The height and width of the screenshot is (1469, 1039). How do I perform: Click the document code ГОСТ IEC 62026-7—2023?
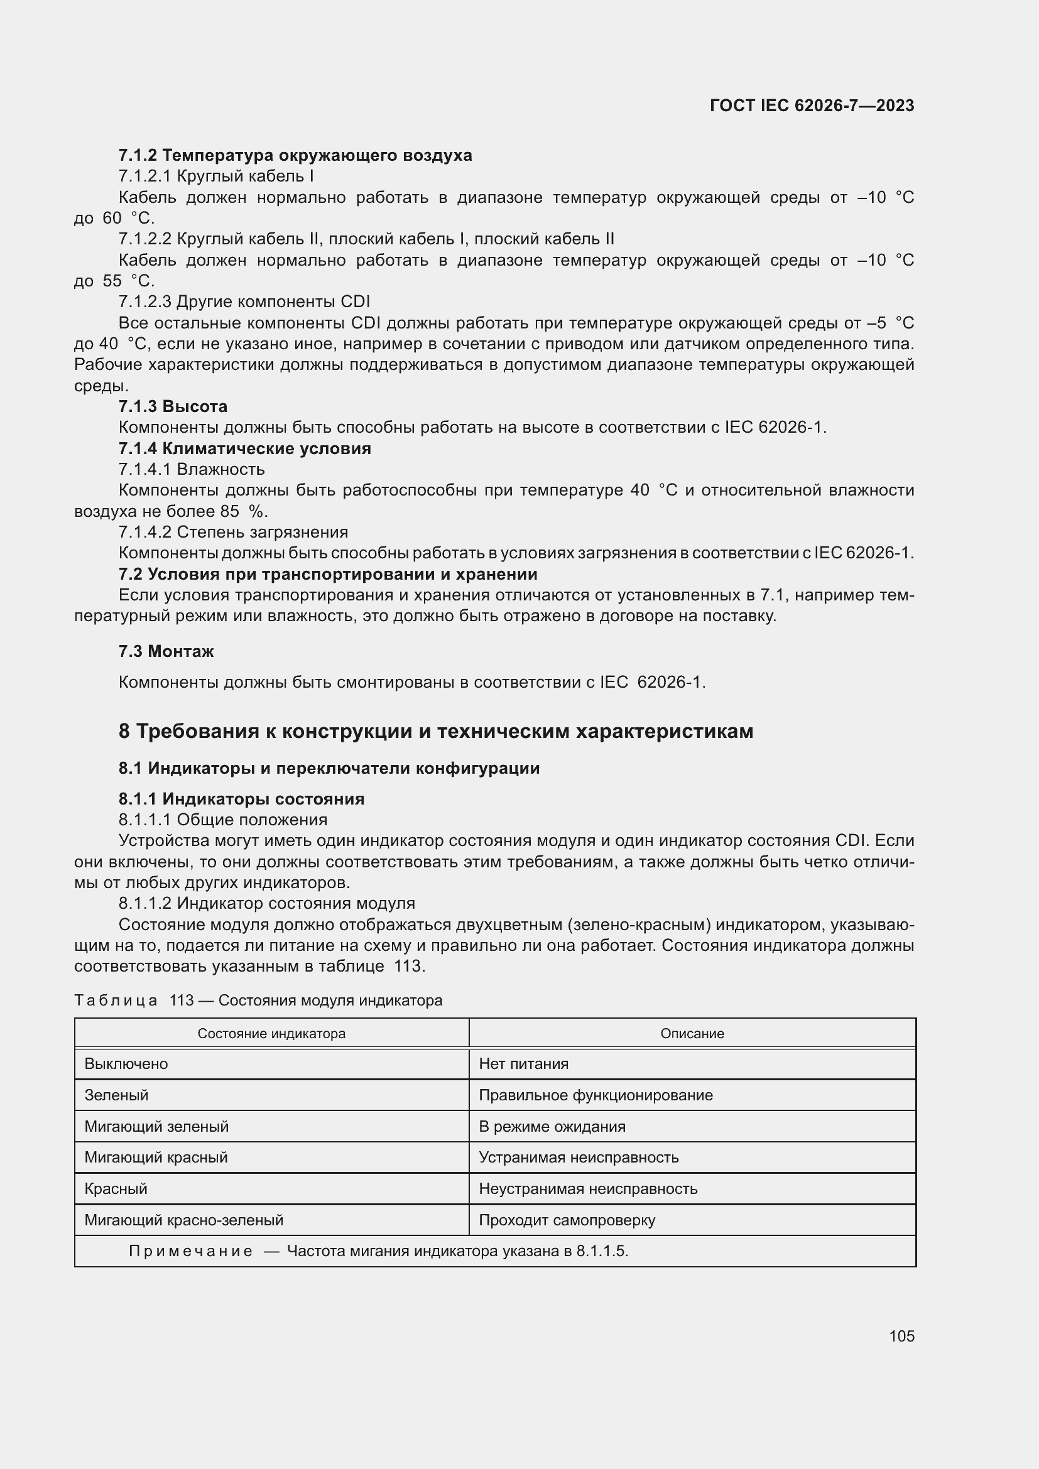click(x=811, y=106)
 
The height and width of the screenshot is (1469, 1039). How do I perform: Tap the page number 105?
click(x=901, y=1336)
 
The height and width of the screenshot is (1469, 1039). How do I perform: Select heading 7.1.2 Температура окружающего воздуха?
click(x=295, y=156)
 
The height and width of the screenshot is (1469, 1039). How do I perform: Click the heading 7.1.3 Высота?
click(x=173, y=406)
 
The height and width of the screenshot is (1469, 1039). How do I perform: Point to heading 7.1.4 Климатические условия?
click(x=244, y=448)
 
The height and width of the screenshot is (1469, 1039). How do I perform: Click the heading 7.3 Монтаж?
click(x=166, y=651)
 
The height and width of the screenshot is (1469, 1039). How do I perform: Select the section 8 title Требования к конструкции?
click(x=436, y=731)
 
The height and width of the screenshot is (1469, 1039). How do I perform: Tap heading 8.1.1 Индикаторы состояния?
click(x=241, y=799)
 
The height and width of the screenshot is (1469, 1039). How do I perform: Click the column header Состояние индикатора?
click(x=271, y=1034)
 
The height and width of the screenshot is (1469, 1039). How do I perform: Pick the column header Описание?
click(x=692, y=1034)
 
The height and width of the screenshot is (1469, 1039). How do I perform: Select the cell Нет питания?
click(x=523, y=1064)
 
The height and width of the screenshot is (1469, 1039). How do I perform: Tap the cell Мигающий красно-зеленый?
click(x=183, y=1220)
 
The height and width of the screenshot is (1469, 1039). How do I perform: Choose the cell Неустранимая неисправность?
click(x=588, y=1189)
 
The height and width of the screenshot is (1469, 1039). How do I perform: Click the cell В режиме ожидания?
click(x=552, y=1127)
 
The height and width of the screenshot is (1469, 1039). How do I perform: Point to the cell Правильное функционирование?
click(x=596, y=1095)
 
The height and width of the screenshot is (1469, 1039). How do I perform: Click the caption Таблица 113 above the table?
click(x=258, y=1000)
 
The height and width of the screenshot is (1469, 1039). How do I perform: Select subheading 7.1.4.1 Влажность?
click(x=192, y=470)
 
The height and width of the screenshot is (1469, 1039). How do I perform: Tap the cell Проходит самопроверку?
click(x=567, y=1220)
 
